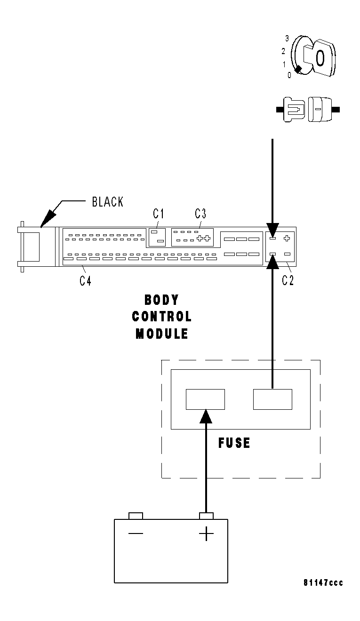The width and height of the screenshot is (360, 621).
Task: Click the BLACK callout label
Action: tap(107, 202)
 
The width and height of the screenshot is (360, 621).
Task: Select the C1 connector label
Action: tap(158, 214)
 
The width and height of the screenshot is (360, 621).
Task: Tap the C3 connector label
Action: tap(200, 214)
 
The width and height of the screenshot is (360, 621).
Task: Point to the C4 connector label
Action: tap(85, 281)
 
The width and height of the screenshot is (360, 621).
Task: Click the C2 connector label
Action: tap(288, 281)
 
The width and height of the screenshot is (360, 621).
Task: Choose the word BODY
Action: tap(161, 300)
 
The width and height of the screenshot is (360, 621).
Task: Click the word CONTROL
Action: tap(161, 316)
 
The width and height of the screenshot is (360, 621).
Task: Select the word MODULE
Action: tap(161, 334)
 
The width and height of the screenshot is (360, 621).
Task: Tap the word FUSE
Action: tap(234, 443)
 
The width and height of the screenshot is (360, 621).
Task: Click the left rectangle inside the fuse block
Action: tap(205, 399)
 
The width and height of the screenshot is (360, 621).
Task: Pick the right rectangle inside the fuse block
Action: tap(272, 399)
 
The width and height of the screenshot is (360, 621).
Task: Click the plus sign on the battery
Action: tap(206, 534)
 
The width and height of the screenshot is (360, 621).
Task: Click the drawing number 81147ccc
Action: tap(323, 583)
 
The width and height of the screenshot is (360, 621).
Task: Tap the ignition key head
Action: tap(320, 58)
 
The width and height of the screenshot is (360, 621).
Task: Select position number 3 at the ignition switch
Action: tap(287, 39)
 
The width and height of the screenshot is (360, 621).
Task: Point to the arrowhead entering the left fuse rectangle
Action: tap(205, 416)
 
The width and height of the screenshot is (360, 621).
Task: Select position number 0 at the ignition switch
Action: tap(289, 74)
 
